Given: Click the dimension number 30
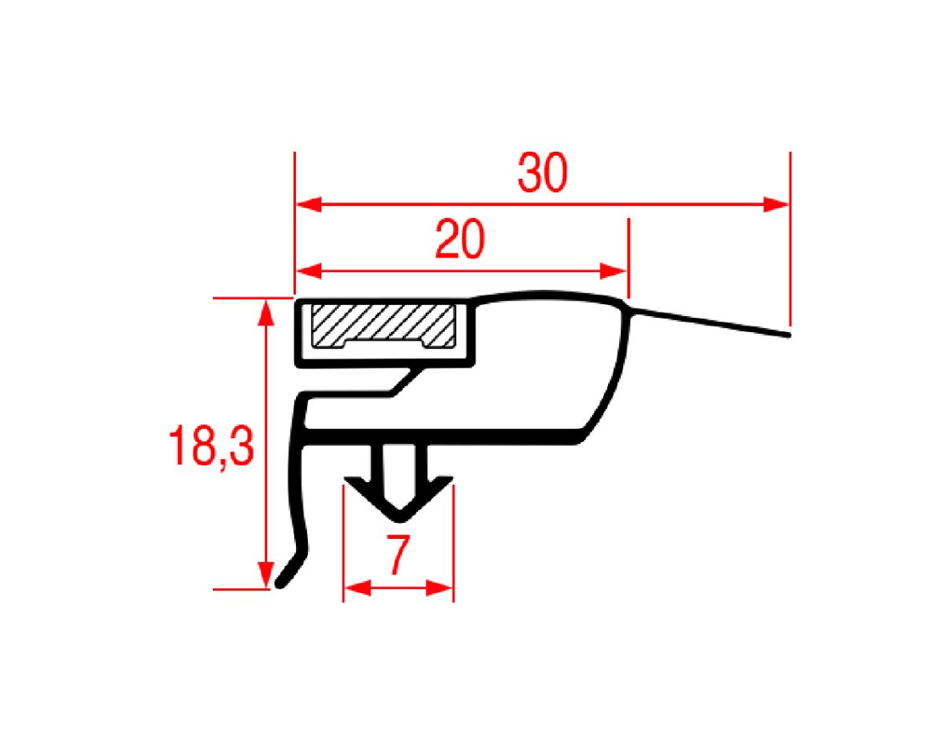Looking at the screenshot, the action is click(x=542, y=172).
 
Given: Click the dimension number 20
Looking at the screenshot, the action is click(x=460, y=239).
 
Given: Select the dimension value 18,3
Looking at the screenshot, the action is click(x=211, y=447).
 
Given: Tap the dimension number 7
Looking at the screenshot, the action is click(x=399, y=555).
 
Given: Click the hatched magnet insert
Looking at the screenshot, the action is click(x=383, y=325).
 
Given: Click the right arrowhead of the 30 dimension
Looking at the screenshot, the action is click(x=776, y=205).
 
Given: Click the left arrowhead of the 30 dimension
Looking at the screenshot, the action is click(x=309, y=205).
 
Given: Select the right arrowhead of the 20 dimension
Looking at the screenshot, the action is click(x=614, y=271).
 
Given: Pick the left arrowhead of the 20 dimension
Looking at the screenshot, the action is click(x=309, y=271).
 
